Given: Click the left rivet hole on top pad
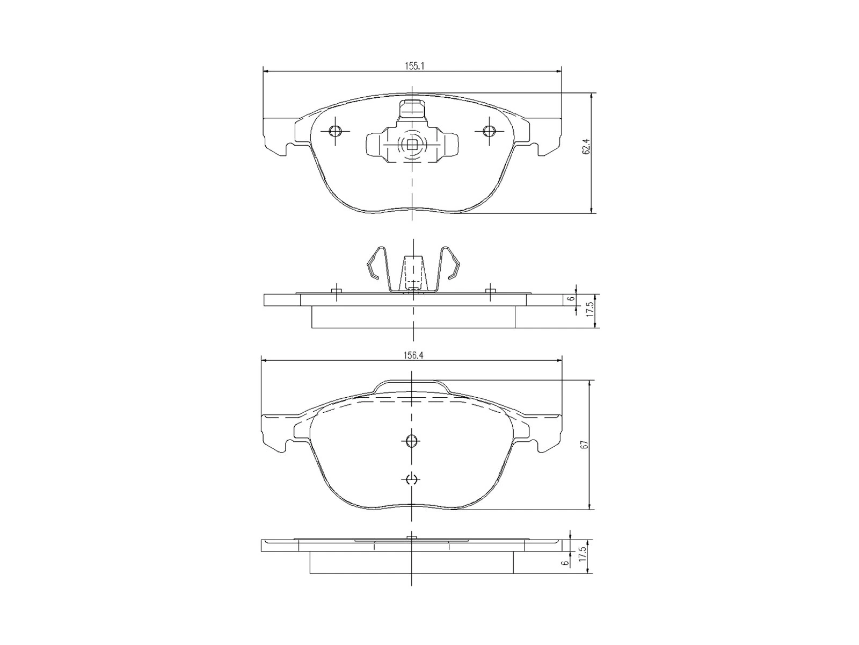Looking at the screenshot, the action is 335,131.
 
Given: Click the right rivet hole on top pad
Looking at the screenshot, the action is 488,131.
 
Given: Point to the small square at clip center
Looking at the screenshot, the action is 412,144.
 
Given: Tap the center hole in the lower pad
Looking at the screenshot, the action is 412,441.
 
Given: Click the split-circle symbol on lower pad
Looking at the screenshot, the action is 412,479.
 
